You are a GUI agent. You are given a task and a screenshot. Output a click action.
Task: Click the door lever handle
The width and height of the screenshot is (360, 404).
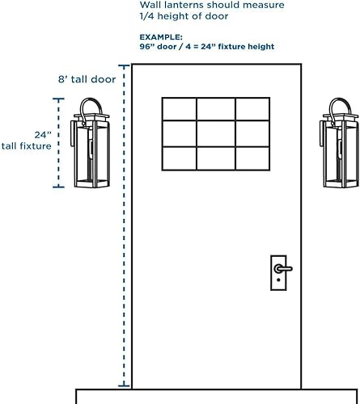click(283, 267)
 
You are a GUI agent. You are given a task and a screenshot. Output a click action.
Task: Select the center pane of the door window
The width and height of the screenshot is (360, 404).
click(215, 133)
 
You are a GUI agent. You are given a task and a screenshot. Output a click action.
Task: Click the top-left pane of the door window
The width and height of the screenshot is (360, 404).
click(179, 109)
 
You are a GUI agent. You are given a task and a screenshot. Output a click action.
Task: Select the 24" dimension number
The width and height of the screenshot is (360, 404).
click(42, 135)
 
